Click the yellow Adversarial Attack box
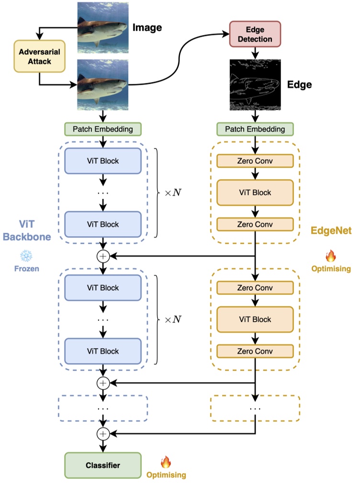click(x=38, y=56)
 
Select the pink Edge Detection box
click(x=255, y=34)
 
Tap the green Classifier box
click(x=102, y=465)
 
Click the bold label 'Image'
click(x=147, y=28)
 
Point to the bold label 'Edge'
click(x=299, y=85)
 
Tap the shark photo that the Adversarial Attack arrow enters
click(x=102, y=85)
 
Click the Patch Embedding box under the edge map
click(x=255, y=129)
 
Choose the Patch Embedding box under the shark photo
click(x=102, y=129)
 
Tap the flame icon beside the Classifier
click(x=166, y=462)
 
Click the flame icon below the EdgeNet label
click(x=331, y=255)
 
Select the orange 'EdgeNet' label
click(x=331, y=231)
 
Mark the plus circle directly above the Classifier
click(x=103, y=434)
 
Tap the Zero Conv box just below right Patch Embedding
click(x=255, y=161)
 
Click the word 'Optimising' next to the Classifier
click(x=166, y=475)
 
